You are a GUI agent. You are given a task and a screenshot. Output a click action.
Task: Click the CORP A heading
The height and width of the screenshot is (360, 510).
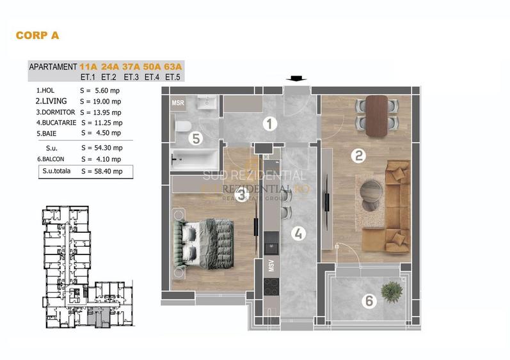coord(37,36)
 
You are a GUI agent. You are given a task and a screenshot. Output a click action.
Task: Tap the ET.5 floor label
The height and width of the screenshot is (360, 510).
coord(173,77)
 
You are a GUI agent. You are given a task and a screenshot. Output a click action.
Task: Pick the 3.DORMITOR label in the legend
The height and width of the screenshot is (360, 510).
coord(56,111)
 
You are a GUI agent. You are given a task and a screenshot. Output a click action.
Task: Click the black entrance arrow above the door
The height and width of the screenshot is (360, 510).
coord(295,79)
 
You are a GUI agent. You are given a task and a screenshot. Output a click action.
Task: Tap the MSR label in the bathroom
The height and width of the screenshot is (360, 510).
coord(178,102)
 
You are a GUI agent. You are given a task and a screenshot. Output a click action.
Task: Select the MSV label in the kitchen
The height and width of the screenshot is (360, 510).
coord(271,266)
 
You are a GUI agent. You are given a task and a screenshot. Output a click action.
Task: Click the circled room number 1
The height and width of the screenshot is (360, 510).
coord(271,124)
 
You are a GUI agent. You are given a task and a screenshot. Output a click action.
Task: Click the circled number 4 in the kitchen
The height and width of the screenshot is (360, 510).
coord(298,233)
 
